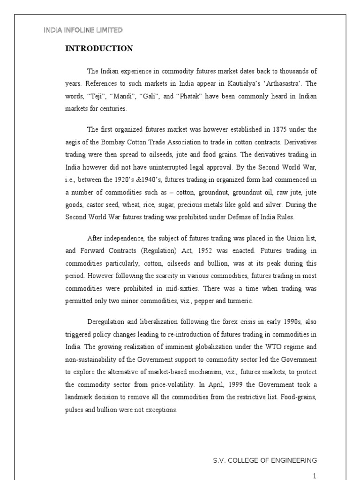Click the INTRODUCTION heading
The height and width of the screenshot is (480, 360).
[x=99, y=49]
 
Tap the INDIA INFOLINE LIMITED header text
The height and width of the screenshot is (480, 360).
[x=83, y=30]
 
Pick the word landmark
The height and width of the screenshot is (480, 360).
[x=81, y=397]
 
